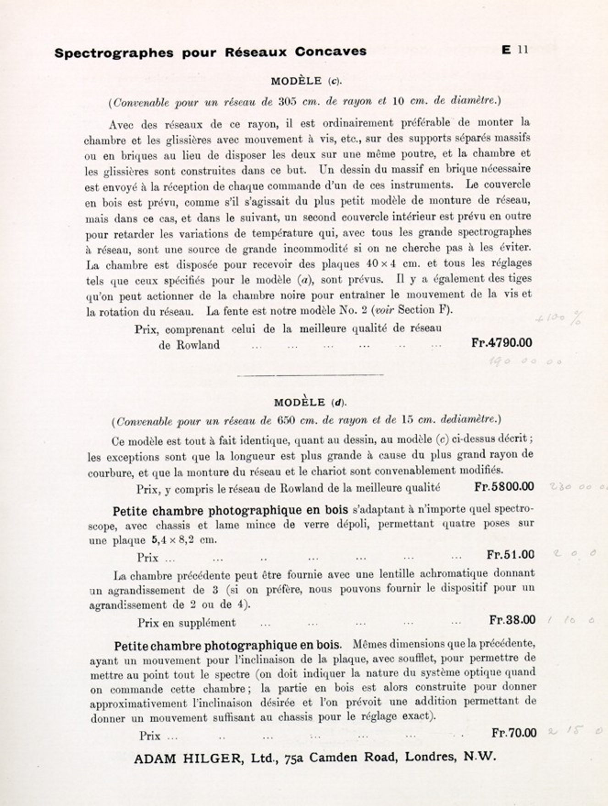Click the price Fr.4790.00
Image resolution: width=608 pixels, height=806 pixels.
click(x=502, y=342)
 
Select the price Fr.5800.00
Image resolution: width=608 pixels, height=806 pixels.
click(x=504, y=486)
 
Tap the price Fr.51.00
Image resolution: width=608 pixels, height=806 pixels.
click(x=510, y=555)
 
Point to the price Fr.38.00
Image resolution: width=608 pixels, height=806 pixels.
click(x=512, y=620)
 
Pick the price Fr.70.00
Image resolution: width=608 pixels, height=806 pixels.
click(x=514, y=733)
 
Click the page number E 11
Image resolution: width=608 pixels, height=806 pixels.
click(x=515, y=50)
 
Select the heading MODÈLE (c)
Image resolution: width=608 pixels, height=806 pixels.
click(x=306, y=82)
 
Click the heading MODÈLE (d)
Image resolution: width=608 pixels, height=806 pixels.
click(x=310, y=403)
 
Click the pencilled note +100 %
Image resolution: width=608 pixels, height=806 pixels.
click(x=558, y=318)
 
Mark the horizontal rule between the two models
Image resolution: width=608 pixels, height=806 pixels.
click(x=310, y=375)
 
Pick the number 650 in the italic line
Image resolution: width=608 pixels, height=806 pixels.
click(x=286, y=420)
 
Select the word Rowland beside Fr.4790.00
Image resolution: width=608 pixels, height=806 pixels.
click(x=198, y=345)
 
